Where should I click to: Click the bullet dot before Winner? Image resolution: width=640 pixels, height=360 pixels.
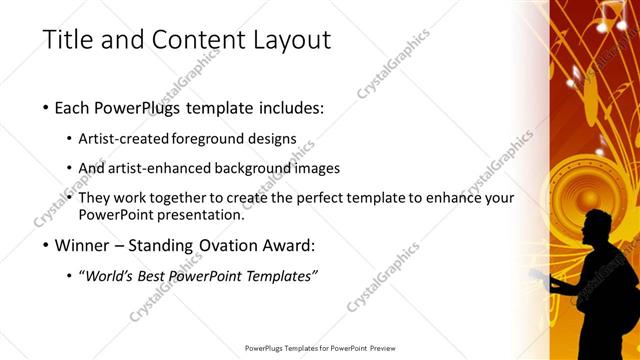[48, 245]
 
